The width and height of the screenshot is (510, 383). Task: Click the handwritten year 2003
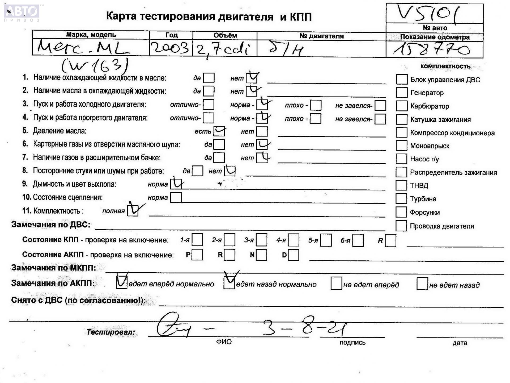pyautogui.click(x=170, y=48)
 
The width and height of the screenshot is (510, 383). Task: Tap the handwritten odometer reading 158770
pyautogui.click(x=432, y=50)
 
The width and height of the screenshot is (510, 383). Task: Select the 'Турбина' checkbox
pyautogui.click(x=401, y=199)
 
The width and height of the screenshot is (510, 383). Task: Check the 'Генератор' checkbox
pyautogui.click(x=401, y=93)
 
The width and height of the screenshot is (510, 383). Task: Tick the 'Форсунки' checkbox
pyautogui.click(x=401, y=212)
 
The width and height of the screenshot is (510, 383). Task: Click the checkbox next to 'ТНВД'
pyautogui.click(x=401, y=185)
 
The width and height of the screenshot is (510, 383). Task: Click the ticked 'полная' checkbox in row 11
pyautogui.click(x=133, y=211)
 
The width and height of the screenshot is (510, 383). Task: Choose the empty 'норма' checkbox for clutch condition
pyautogui.click(x=176, y=197)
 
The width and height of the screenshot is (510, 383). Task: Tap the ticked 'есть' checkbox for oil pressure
pyautogui.click(x=219, y=131)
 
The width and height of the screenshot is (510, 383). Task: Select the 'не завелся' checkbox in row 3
pyautogui.click(x=380, y=106)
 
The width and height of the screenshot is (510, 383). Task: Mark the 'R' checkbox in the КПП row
pyautogui.click(x=390, y=240)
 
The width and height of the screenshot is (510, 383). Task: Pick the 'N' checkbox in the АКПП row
pyautogui.click(x=262, y=255)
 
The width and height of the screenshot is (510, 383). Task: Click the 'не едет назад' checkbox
pyautogui.click(x=422, y=284)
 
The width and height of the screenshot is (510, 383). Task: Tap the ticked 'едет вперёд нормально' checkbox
pyautogui.click(x=121, y=282)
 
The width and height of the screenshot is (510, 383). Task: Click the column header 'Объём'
pyautogui.click(x=225, y=35)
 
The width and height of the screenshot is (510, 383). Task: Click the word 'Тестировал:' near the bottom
pyautogui.click(x=110, y=332)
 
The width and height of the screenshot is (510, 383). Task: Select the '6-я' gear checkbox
pyautogui.click(x=358, y=240)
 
